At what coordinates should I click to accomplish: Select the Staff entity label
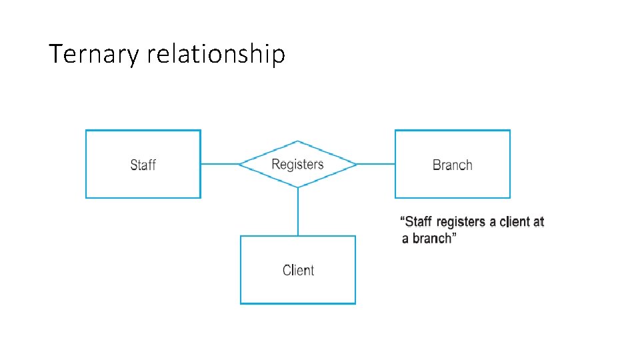pyautogui.click(x=143, y=165)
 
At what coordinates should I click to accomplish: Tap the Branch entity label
pyautogui.click(x=452, y=165)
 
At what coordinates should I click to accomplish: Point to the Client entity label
pyautogui.click(x=298, y=270)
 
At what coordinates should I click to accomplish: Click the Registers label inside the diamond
pyautogui.click(x=297, y=164)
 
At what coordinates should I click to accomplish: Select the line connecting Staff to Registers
pyautogui.click(x=219, y=164)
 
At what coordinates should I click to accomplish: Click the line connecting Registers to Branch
pyautogui.click(x=376, y=164)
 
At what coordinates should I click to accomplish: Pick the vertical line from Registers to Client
pyautogui.click(x=298, y=211)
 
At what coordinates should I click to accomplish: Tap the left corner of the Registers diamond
pyautogui.click(x=239, y=164)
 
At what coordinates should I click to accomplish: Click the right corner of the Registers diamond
pyautogui.click(x=357, y=164)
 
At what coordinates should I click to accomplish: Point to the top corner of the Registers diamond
pyautogui.click(x=298, y=141)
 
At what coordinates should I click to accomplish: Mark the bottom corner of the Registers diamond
pyautogui.click(x=298, y=187)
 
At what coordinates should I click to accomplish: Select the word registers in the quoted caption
pyautogui.click(x=461, y=221)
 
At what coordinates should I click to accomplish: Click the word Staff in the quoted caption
pyautogui.click(x=418, y=221)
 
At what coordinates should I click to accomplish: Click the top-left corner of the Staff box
pyautogui.click(x=87, y=131)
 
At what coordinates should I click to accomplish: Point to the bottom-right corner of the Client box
pyautogui.click(x=355, y=303)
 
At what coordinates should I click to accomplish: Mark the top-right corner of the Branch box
pyautogui.click(x=509, y=131)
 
